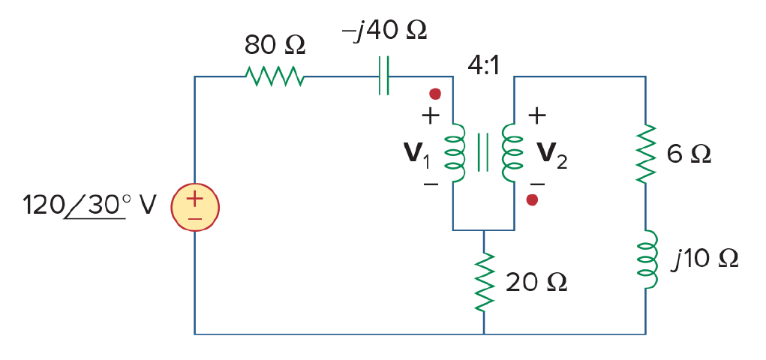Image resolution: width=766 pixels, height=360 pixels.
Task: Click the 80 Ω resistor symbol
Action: pyautogui.click(x=275, y=76)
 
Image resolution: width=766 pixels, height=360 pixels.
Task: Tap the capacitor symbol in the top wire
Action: pyautogui.click(x=384, y=76)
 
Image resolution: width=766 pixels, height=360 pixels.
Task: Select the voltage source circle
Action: pyautogui.click(x=195, y=208)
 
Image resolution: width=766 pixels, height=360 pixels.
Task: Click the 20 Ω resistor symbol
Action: pyautogui.click(x=484, y=282)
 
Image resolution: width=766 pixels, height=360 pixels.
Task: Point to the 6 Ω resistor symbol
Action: pyautogui.click(x=645, y=154)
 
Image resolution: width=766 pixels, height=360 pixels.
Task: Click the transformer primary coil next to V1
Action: pyautogui.click(x=455, y=153)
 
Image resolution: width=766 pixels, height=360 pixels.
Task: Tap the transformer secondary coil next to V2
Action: pyautogui.click(x=512, y=153)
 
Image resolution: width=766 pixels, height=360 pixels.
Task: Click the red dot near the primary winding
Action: pyautogui.click(x=435, y=94)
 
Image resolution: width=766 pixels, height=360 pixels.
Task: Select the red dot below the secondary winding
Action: pyautogui.click(x=532, y=199)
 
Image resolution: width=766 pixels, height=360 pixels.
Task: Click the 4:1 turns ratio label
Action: pyautogui.click(x=484, y=66)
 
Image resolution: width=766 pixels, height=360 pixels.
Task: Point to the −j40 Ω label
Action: pyautogui.click(x=384, y=31)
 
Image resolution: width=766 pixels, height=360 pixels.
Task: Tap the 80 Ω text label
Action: pyautogui.click(x=275, y=46)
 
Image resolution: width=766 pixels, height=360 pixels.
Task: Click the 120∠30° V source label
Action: pyautogui.click(x=89, y=205)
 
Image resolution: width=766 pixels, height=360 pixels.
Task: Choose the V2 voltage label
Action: pyautogui.click(x=552, y=154)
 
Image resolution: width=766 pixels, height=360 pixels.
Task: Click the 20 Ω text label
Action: pyautogui.click(x=536, y=282)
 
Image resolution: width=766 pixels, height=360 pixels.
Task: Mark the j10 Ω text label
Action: pyautogui.click(x=704, y=259)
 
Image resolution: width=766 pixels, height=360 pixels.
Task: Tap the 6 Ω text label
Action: pyautogui.click(x=689, y=154)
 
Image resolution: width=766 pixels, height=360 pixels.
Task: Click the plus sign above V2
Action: pyautogui.click(x=537, y=115)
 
